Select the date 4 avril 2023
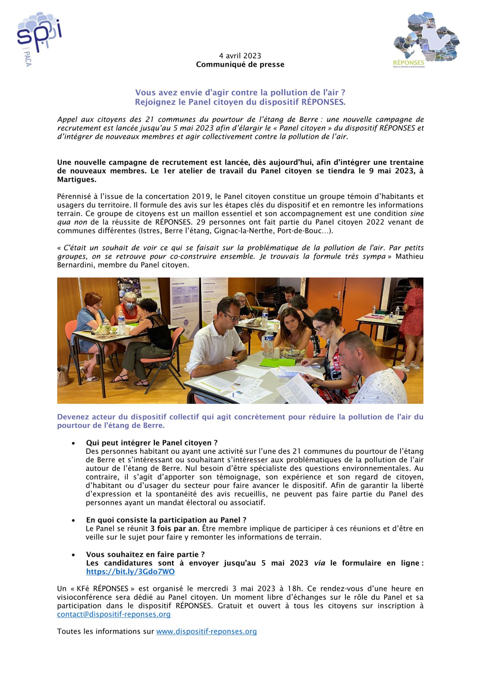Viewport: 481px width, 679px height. (x=240, y=56)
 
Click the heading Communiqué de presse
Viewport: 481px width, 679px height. (x=240, y=65)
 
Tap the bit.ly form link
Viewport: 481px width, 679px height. (x=130, y=572)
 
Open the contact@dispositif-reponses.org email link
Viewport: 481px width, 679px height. (x=114, y=614)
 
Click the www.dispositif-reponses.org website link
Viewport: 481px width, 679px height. (x=206, y=631)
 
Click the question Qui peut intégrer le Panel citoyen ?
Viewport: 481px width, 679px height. (x=152, y=443)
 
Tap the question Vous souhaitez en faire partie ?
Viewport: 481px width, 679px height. (x=145, y=554)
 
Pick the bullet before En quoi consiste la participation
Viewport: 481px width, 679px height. (x=73, y=520)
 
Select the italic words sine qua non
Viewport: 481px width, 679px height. (x=416, y=214)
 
